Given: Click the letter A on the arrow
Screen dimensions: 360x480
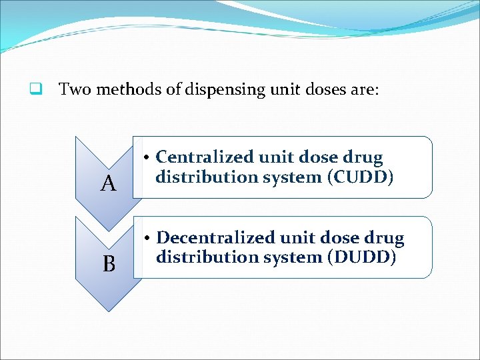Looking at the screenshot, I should point(109,183).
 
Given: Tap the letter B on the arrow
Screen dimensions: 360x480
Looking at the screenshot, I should point(109,264).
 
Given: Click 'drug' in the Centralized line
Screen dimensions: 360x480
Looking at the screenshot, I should point(364,158).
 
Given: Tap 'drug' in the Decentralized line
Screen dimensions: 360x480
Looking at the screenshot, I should point(385,238).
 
